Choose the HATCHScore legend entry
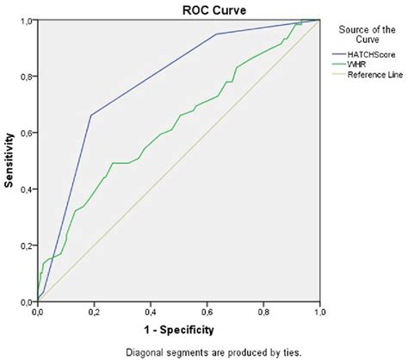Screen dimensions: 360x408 pyautogui.click(x=365, y=53)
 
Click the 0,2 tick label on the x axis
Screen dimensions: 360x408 pyautogui.click(x=94, y=310)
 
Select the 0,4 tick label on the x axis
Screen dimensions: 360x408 pyautogui.click(x=151, y=310)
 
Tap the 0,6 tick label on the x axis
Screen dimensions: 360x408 pyautogui.click(x=207, y=310)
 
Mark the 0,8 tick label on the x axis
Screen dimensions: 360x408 pyautogui.click(x=263, y=310)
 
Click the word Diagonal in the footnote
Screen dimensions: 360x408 pyautogui.click(x=145, y=351)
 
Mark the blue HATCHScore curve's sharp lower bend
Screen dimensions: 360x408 pyautogui.click(x=90, y=115)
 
